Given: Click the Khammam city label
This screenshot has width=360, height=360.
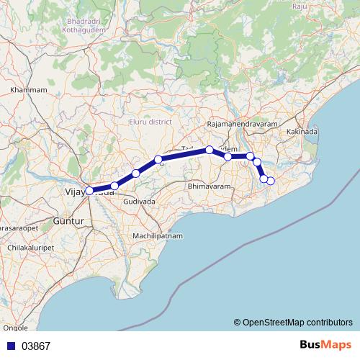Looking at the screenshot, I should pos(29,90).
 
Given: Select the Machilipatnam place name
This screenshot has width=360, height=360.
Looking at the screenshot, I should pos(158,236).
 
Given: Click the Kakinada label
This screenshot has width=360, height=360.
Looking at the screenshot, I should pos(302,133).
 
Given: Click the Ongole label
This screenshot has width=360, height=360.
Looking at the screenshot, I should pos(16,328).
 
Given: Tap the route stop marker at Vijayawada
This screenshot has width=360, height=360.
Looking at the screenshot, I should pos(89,191).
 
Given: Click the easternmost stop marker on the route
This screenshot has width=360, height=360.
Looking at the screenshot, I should pos(271,181).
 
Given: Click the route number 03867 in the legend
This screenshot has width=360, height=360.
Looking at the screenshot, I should pos(36,346).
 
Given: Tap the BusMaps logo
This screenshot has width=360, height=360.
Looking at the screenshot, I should pos(325,345).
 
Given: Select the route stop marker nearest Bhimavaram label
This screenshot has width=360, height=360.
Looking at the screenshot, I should pos(228,156).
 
